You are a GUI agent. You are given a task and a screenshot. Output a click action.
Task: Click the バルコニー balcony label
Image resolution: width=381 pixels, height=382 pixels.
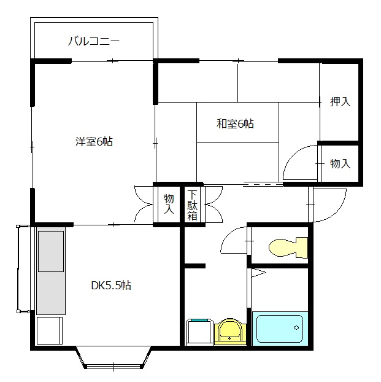pyautogui.click(x=93, y=41)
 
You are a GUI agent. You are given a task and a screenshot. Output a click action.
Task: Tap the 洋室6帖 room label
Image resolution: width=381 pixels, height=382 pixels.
pyautogui.click(x=94, y=141)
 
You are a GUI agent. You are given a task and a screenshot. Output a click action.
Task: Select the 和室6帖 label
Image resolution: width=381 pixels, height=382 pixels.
pyautogui.click(x=235, y=124)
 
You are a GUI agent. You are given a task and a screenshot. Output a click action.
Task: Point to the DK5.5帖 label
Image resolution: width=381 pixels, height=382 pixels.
pyautogui.click(x=111, y=286)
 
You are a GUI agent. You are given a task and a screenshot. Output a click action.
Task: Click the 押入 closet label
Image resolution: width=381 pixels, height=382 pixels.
pyautogui.click(x=340, y=101)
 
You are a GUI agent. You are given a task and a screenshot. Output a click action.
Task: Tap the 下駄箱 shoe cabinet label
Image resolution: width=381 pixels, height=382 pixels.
pyautogui.click(x=192, y=205)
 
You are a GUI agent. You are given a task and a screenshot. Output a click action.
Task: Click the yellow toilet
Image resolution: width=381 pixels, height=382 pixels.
pyautogui.click(x=288, y=248)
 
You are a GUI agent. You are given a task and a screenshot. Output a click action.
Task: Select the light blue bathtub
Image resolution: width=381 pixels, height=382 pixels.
pyautogui.click(x=280, y=329)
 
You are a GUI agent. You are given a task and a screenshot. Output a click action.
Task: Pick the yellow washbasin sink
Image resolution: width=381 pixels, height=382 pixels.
pyautogui.click(x=230, y=332)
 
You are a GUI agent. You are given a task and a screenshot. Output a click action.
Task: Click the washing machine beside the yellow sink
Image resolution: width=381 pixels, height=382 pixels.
pyautogui.click(x=199, y=332)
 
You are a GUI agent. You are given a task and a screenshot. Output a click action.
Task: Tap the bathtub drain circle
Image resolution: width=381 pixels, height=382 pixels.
pyautogui.click(x=296, y=328)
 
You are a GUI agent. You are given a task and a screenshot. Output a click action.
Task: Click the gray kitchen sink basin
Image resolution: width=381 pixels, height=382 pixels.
pyautogui.click(x=51, y=251)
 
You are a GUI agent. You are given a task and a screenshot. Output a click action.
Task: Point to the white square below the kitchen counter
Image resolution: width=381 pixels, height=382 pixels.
pyautogui.click(x=50, y=330)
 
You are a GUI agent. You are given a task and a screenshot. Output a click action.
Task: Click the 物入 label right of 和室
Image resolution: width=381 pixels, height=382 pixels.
pyautogui.click(x=340, y=163)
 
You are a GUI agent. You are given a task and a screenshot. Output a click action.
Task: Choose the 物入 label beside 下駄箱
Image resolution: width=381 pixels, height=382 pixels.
pyautogui.click(x=169, y=204)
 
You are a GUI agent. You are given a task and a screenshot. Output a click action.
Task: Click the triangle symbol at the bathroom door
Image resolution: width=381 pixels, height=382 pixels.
pyautogui.click(x=258, y=273)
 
